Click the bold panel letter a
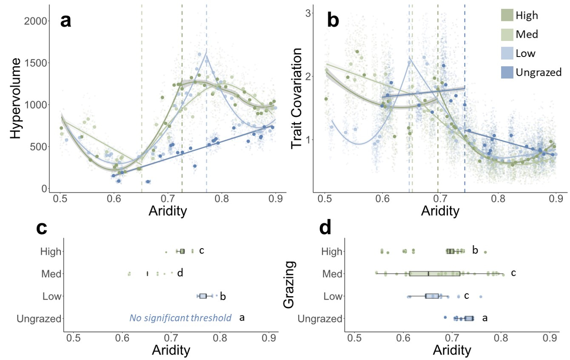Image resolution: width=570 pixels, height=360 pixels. tap(66, 20)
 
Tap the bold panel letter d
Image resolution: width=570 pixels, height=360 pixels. tap(325, 228)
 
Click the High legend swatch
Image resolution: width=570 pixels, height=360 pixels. tap(506, 15)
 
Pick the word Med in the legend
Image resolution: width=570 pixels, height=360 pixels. tap(527, 34)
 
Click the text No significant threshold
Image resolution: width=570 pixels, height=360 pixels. tap(180, 318)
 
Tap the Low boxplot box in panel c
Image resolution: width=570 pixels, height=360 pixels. tap(203, 296)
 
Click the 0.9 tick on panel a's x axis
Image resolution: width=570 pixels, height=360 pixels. tap(276, 198)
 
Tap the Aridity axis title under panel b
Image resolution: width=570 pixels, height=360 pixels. tap(440, 210)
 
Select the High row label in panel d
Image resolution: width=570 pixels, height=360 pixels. tap(333, 251)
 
